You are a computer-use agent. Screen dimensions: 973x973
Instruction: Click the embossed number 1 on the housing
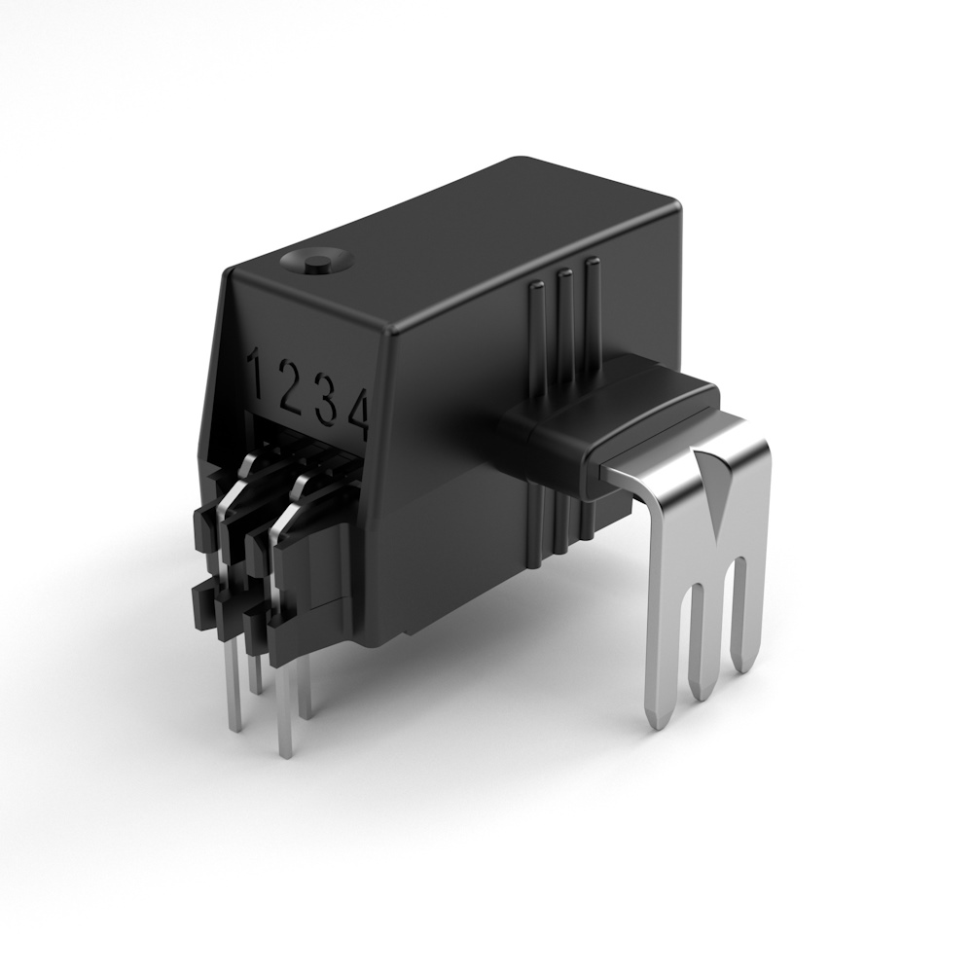point(258,374)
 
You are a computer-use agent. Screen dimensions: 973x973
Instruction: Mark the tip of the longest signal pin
point(285,749)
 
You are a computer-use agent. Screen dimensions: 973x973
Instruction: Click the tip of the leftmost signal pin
point(234,725)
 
